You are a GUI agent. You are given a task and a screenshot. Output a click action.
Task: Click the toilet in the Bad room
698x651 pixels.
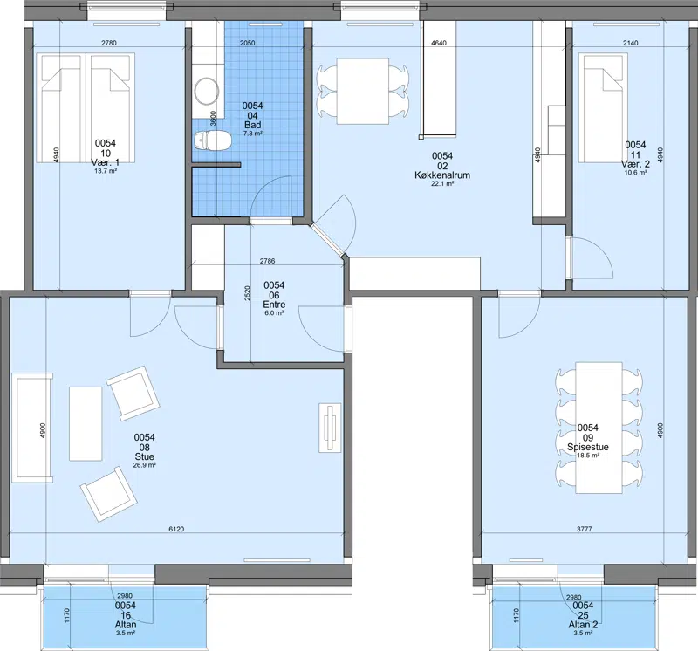pos(213,140)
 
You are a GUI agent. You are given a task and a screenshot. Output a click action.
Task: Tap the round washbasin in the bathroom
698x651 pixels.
pos(207,92)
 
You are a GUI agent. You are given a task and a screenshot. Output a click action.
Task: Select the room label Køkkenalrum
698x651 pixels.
pos(442,175)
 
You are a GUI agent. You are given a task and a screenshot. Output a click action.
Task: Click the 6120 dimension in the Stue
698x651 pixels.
pos(176,529)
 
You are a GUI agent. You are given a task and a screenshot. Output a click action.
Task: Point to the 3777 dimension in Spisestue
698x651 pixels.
pos(584,529)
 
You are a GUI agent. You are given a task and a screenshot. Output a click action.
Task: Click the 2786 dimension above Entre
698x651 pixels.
pos(267,262)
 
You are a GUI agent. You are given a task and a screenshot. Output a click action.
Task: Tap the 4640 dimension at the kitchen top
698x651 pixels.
pos(439,43)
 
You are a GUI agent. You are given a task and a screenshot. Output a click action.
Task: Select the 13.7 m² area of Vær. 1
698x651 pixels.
pos(106,171)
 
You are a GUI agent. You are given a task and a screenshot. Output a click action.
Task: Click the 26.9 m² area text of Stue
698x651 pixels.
pos(144,465)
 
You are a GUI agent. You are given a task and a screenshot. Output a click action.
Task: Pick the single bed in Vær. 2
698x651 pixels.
pos(603,108)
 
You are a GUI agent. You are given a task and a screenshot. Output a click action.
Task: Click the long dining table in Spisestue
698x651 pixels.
pos(599,428)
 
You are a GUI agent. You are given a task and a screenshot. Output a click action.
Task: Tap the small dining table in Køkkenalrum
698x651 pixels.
pos(363,92)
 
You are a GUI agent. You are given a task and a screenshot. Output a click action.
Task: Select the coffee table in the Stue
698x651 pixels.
pos(86,423)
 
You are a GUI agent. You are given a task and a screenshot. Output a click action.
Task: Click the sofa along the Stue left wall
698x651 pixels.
pos(32,428)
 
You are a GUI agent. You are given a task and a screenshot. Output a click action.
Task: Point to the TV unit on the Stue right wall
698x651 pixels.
pos(330,428)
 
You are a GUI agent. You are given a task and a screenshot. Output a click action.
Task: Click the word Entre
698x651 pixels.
pos(274,305)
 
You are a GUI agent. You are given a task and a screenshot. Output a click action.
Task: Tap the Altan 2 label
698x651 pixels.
pos(583,625)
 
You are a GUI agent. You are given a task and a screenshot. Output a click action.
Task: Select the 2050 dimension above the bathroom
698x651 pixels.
pos(248,43)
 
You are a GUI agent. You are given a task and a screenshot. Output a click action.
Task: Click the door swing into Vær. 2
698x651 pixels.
pos(592,258)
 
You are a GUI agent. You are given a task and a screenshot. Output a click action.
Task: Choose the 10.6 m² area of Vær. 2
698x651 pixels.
pos(635,173)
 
